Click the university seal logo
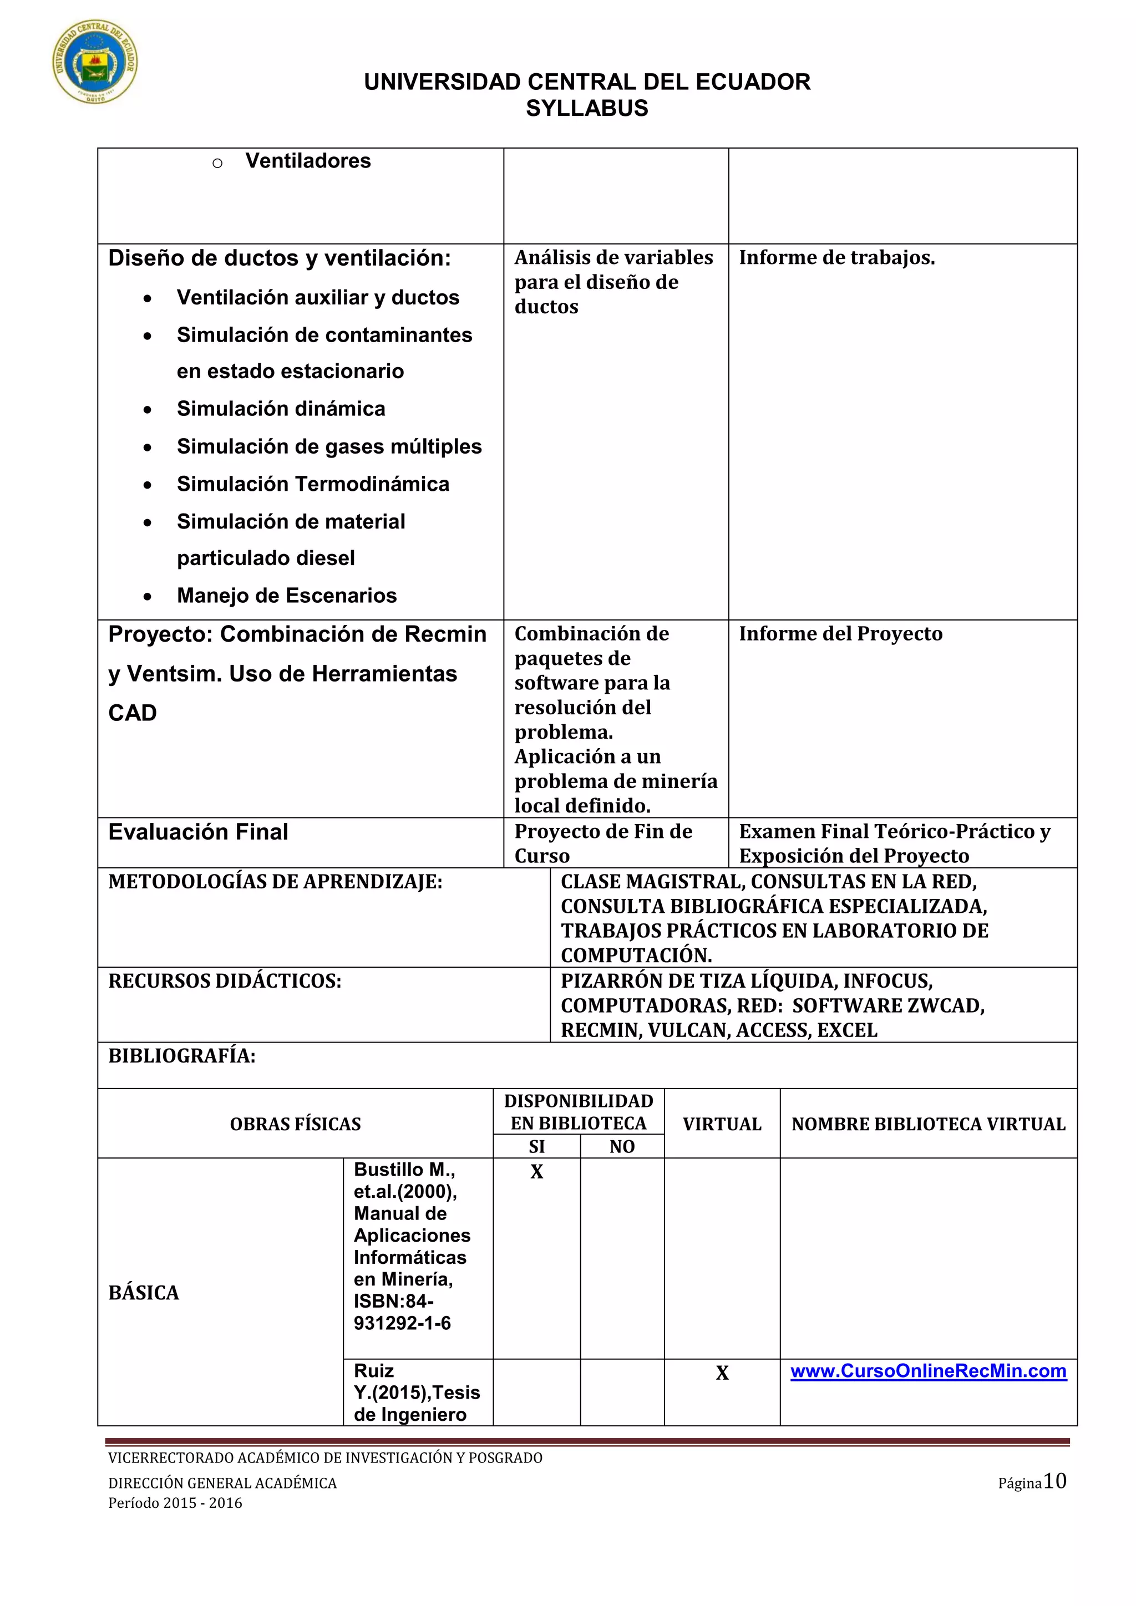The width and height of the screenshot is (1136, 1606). point(95,62)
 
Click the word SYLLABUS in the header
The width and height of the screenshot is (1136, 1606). point(587,109)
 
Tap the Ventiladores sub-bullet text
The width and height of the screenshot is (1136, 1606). point(308,161)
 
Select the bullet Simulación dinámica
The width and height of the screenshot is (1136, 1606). point(281,409)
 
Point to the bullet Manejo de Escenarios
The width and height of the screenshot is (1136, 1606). point(286,595)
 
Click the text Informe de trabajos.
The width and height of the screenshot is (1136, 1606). point(836,257)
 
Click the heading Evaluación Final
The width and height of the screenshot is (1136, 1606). point(198,832)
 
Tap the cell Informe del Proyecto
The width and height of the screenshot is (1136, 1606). point(840,634)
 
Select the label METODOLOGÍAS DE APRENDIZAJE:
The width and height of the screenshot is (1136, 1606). point(275,882)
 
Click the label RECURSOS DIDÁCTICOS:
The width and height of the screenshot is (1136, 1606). point(225,982)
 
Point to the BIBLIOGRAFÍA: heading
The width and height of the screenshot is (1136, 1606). point(182,1056)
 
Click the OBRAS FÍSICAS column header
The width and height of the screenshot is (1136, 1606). point(295,1124)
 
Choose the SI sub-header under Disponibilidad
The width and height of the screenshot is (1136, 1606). point(536,1146)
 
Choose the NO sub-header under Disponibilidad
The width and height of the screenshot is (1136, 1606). point(622,1146)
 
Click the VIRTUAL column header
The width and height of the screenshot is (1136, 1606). point(722,1124)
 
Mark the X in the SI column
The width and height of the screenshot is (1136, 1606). point(536,1172)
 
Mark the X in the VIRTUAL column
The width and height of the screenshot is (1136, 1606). point(722,1373)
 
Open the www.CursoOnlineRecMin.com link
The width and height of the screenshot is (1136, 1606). point(928,1371)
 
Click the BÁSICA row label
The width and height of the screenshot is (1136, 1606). point(144,1293)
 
